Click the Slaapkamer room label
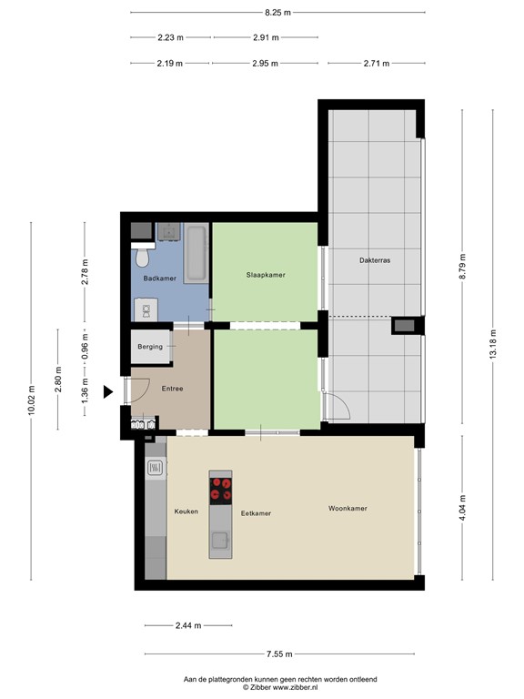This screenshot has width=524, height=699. pos(266,274)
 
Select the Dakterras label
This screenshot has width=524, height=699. pos(375,260)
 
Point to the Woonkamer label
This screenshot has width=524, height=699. pos(348,509)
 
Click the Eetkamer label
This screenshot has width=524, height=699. pos(256,513)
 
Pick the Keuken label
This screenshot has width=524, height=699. pos(186,512)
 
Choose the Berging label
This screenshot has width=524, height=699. pos(150,347)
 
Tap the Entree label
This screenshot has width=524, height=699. pos(171,389)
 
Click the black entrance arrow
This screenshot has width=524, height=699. pos(107,392)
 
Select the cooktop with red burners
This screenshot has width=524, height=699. pos(220,490)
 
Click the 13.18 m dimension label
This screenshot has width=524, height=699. pos(493,345)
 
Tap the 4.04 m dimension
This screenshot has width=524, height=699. pos(462,506)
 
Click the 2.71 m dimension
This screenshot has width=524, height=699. pos(376,64)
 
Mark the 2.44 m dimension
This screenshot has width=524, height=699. pos(189,626)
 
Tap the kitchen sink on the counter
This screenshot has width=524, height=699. pos(156,469)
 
